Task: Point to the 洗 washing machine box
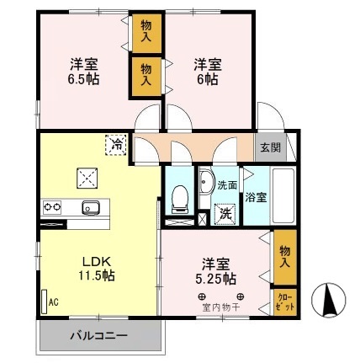click(x=224, y=214)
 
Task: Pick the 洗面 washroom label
click(x=227, y=184)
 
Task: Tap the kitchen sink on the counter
click(x=90, y=207)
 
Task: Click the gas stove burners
click(x=52, y=207)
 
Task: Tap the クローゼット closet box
click(x=284, y=302)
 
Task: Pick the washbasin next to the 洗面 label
click(x=205, y=183)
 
